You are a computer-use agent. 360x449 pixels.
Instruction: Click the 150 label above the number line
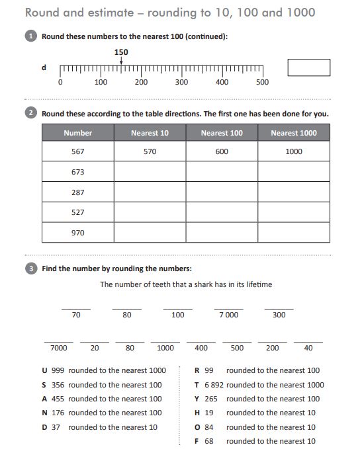point(121,52)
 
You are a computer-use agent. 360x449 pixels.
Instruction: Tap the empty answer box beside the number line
point(308,67)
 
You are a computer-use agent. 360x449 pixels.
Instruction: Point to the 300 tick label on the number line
point(181,83)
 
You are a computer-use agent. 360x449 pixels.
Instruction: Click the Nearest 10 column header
point(150,133)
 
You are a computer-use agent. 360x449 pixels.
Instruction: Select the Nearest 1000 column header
point(294,133)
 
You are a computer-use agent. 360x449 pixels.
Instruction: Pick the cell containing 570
point(150,151)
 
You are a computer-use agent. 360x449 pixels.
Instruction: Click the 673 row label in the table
point(78,172)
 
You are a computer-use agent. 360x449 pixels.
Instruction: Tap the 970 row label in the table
point(78,233)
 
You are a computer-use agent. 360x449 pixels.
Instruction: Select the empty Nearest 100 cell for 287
point(222,192)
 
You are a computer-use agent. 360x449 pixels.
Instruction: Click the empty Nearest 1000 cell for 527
point(294,212)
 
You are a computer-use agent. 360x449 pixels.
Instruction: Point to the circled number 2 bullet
point(31,113)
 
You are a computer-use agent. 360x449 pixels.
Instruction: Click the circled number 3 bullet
point(31,268)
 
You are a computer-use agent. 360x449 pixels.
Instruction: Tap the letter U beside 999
point(44,370)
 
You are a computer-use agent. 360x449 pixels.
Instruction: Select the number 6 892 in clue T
point(214,385)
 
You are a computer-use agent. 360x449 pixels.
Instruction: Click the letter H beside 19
point(197,413)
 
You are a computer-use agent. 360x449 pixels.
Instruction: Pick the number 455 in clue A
point(58,399)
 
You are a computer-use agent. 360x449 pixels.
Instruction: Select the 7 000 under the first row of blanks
point(228,315)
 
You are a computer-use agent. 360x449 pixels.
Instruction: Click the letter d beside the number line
point(44,67)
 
